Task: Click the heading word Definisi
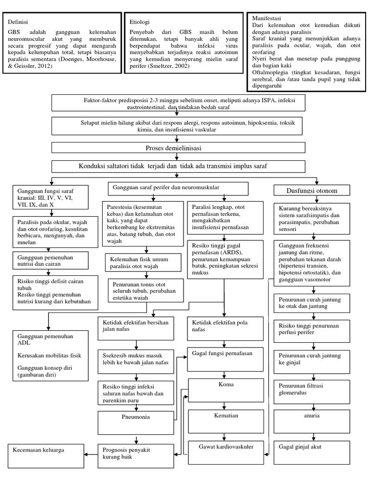[x=18, y=22]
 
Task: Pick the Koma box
[x=225, y=389]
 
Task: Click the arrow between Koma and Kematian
[x=225, y=405]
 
